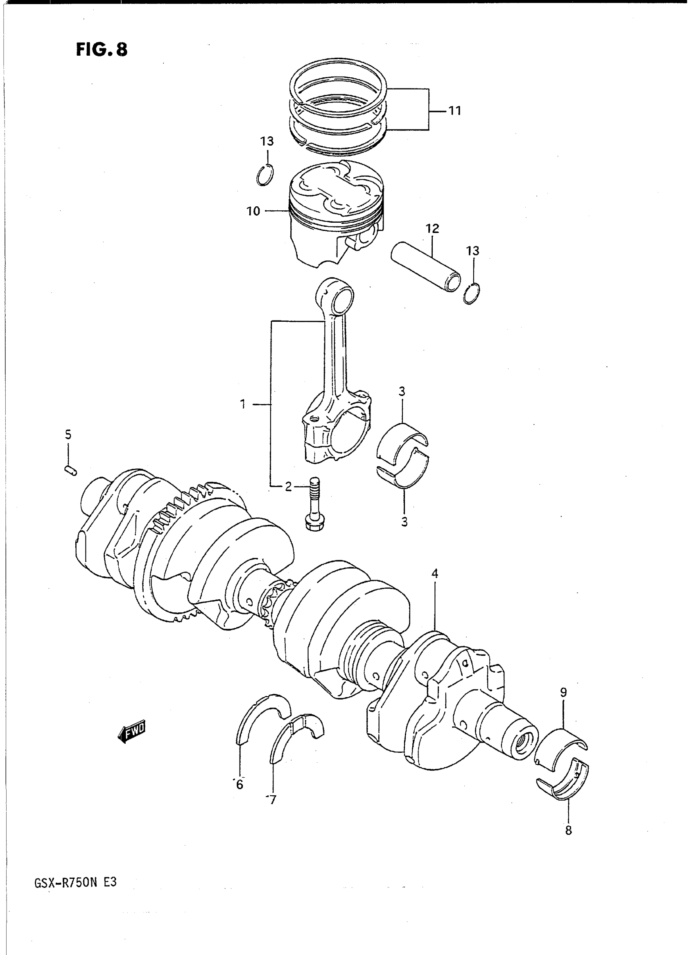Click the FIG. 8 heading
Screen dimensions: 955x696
(x=102, y=50)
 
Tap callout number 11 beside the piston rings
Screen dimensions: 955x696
(x=454, y=111)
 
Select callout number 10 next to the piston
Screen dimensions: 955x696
(x=253, y=211)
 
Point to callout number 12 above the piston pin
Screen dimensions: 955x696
(x=433, y=229)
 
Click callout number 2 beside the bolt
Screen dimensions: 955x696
(x=288, y=487)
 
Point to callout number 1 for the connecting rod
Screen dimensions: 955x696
(x=243, y=405)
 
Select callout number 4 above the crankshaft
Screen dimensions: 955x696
(x=435, y=573)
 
